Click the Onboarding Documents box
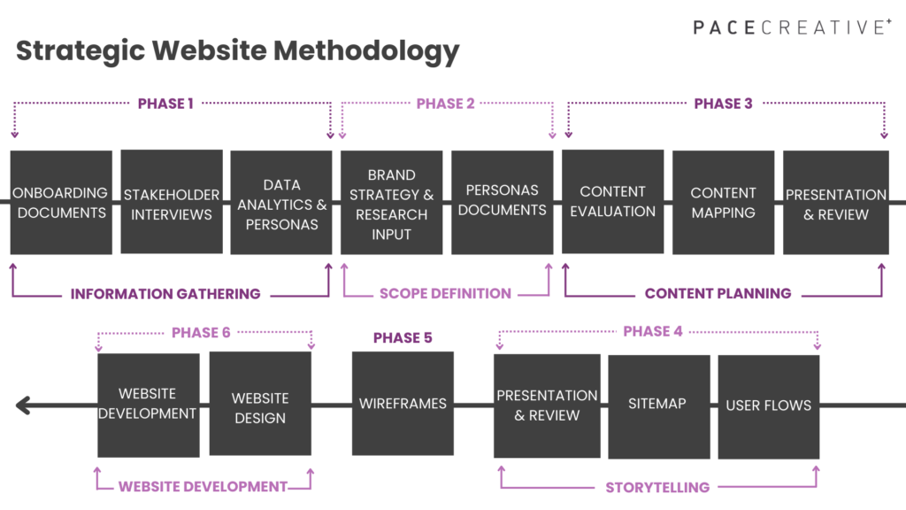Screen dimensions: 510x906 point(61,203)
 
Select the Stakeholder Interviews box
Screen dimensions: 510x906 point(172,203)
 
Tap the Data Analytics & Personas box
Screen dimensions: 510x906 point(282,204)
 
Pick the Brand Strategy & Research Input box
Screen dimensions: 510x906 point(392,204)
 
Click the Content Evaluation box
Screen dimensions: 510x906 point(612,202)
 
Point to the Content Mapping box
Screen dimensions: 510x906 point(723,203)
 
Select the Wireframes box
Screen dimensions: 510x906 point(403,404)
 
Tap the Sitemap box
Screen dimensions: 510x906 point(657,404)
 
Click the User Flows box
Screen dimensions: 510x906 point(768,406)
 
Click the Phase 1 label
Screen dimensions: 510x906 point(165,104)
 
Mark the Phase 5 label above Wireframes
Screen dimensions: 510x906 point(403,338)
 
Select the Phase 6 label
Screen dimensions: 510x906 point(201,333)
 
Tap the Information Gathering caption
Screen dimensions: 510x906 point(165,294)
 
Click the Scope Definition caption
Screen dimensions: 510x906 point(445,294)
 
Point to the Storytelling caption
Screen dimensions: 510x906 point(657,487)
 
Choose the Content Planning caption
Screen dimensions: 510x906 point(718,294)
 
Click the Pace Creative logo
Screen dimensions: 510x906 point(792,27)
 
